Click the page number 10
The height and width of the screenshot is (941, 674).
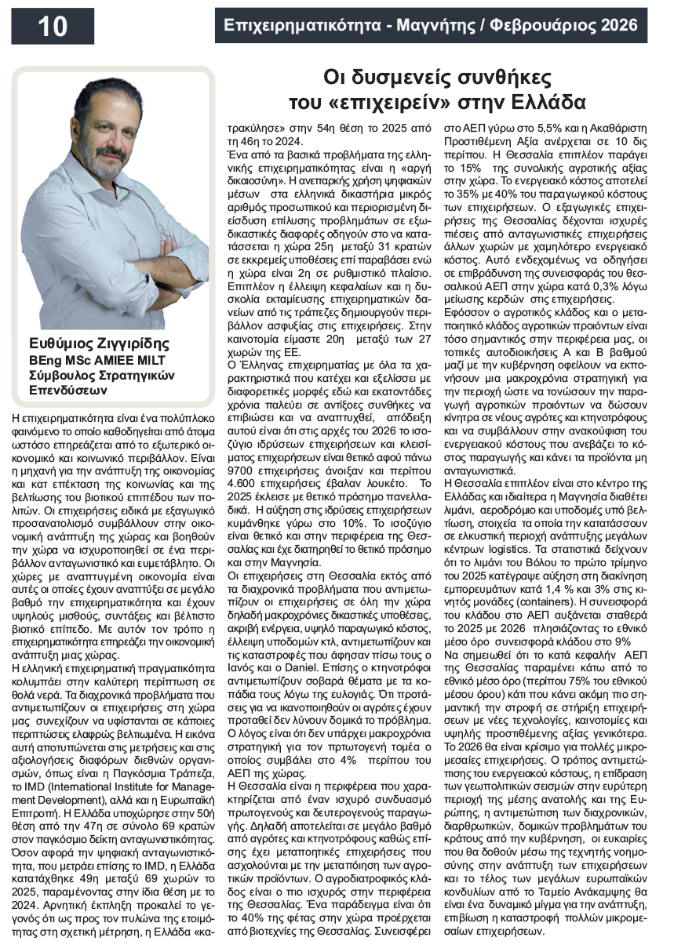[53, 27]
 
